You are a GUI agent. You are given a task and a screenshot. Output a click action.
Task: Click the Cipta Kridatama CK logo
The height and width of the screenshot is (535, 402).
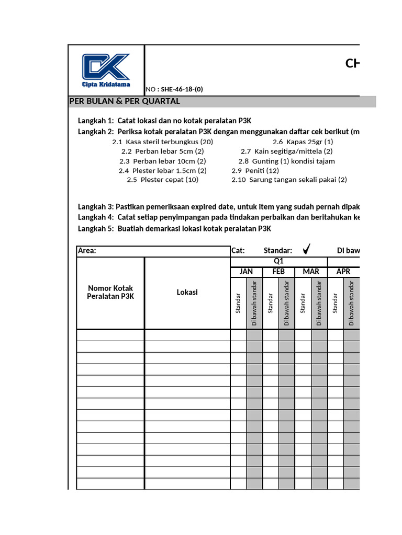coord(106,69)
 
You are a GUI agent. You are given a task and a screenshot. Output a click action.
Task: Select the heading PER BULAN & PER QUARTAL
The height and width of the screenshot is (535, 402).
coord(125,101)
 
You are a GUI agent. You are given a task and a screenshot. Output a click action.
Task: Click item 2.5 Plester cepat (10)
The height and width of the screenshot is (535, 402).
coord(163,180)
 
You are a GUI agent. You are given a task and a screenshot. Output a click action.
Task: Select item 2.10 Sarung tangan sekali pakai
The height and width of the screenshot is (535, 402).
coord(289,180)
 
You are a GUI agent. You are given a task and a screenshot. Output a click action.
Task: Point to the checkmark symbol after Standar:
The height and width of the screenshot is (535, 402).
coord(307,250)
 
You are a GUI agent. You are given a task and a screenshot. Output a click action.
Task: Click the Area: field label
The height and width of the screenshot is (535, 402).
coord(87,251)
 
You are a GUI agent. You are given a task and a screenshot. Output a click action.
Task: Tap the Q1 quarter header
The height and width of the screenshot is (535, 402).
coord(279,261)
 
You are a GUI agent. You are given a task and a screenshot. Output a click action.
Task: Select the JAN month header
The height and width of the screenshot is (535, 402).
coord(247,272)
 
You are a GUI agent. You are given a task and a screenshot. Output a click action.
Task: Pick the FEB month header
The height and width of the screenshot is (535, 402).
coord(278,272)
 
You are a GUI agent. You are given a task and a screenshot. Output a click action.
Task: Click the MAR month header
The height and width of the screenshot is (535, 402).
coord(311,272)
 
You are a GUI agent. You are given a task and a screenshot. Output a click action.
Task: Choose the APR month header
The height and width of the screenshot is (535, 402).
coord(343,272)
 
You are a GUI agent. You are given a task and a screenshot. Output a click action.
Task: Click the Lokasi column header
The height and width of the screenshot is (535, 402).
coord(187,293)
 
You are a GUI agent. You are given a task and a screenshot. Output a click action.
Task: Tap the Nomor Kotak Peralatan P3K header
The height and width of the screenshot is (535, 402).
coord(110,293)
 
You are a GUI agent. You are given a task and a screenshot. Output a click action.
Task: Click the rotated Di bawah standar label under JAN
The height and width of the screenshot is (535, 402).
coord(254,304)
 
